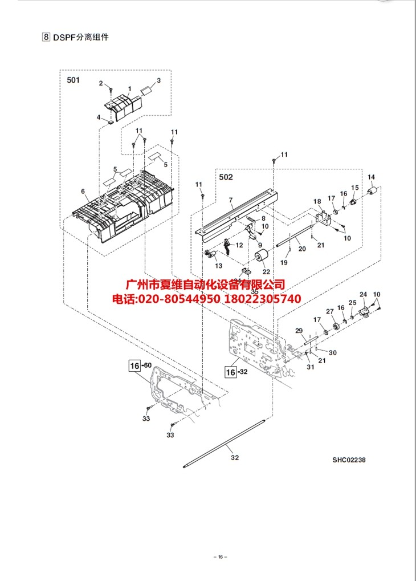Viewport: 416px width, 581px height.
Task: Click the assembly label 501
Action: (x=74, y=80)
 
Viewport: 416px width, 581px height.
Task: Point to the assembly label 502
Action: (x=226, y=177)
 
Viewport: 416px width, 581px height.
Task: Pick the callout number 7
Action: (x=231, y=200)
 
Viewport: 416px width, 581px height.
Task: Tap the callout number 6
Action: (x=83, y=191)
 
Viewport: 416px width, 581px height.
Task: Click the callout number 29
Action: (x=298, y=331)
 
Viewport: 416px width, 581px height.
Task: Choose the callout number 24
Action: (x=363, y=294)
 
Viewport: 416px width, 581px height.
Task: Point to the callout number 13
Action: (x=218, y=266)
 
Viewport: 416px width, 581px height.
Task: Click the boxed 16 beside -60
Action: (x=134, y=365)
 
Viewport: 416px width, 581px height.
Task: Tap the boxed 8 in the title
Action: (x=45, y=37)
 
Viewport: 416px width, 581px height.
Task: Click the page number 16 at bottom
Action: (x=220, y=556)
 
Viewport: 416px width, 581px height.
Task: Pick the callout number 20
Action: (x=302, y=249)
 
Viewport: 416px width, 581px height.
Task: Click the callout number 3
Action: (x=158, y=80)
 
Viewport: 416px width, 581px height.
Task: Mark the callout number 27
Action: (x=329, y=311)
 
